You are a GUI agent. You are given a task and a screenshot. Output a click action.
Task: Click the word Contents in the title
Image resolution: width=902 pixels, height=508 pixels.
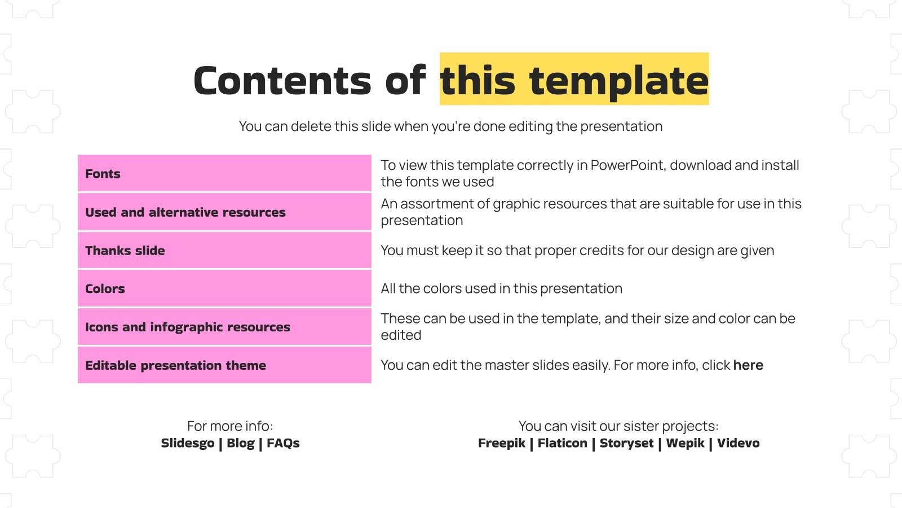coord(282,81)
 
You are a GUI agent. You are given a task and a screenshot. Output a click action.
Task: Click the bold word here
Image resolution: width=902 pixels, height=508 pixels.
coord(748,365)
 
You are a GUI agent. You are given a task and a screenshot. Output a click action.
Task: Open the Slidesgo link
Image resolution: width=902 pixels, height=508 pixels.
coord(188,443)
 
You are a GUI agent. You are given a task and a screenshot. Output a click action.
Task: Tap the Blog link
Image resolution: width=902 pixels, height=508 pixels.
coord(241,443)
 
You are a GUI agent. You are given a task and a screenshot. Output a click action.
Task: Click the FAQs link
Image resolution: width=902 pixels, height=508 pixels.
coord(283,443)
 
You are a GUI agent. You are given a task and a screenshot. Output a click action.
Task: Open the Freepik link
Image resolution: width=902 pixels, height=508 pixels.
coord(502,443)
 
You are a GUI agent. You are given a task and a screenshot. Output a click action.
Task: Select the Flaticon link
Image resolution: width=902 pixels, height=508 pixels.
coord(562,443)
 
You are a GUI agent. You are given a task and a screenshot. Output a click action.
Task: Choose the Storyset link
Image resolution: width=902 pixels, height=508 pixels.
coord(626,443)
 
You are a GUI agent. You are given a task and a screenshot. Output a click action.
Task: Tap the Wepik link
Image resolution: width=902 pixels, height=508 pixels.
coord(685,443)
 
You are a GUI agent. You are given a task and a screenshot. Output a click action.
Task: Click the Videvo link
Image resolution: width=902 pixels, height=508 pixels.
coord(738,443)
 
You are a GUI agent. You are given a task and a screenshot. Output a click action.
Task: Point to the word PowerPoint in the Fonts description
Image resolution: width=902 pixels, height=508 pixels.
coord(628,165)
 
